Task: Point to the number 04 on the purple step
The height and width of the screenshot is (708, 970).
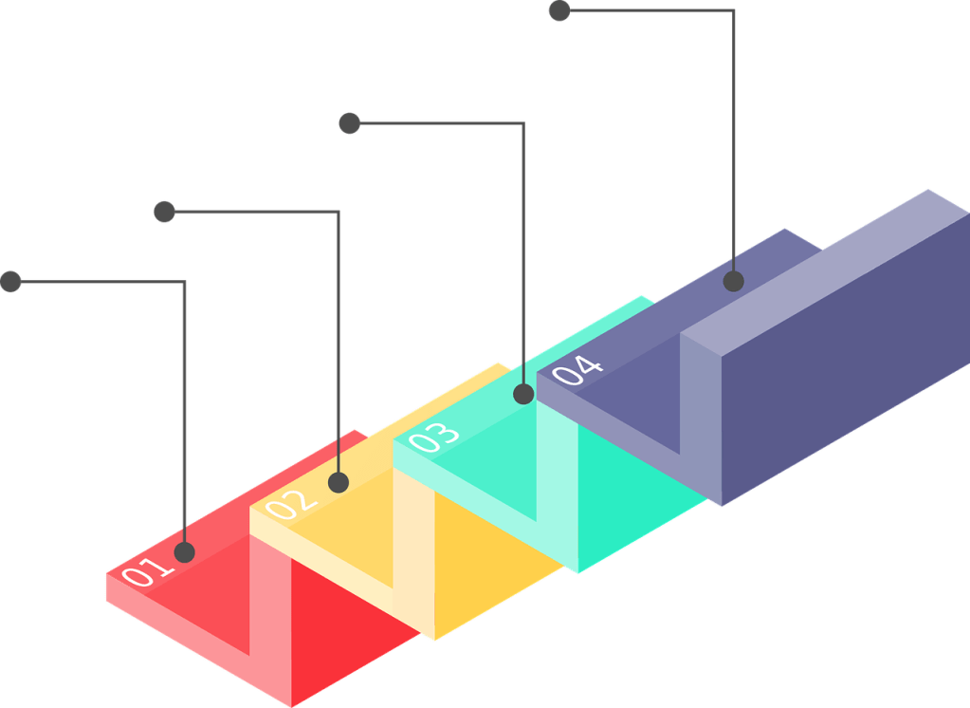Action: point(577,369)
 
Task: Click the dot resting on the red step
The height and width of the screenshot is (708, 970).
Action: point(185,552)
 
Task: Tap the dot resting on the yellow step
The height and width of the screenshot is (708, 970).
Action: point(339,483)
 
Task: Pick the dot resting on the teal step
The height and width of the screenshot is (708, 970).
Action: point(523,394)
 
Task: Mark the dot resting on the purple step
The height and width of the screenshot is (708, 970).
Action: point(733,281)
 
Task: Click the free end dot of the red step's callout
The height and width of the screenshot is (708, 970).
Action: point(11,282)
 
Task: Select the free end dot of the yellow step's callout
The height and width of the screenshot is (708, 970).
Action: point(165,212)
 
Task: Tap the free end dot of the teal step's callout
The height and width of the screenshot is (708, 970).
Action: point(350,123)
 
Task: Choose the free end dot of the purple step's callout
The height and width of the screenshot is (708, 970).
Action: point(560,10)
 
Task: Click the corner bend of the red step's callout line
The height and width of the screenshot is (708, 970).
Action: point(185,282)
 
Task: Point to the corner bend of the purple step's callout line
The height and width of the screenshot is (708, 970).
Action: point(733,11)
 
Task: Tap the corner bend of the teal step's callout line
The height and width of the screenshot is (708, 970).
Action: point(522,123)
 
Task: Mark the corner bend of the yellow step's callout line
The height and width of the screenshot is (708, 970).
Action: point(338,212)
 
